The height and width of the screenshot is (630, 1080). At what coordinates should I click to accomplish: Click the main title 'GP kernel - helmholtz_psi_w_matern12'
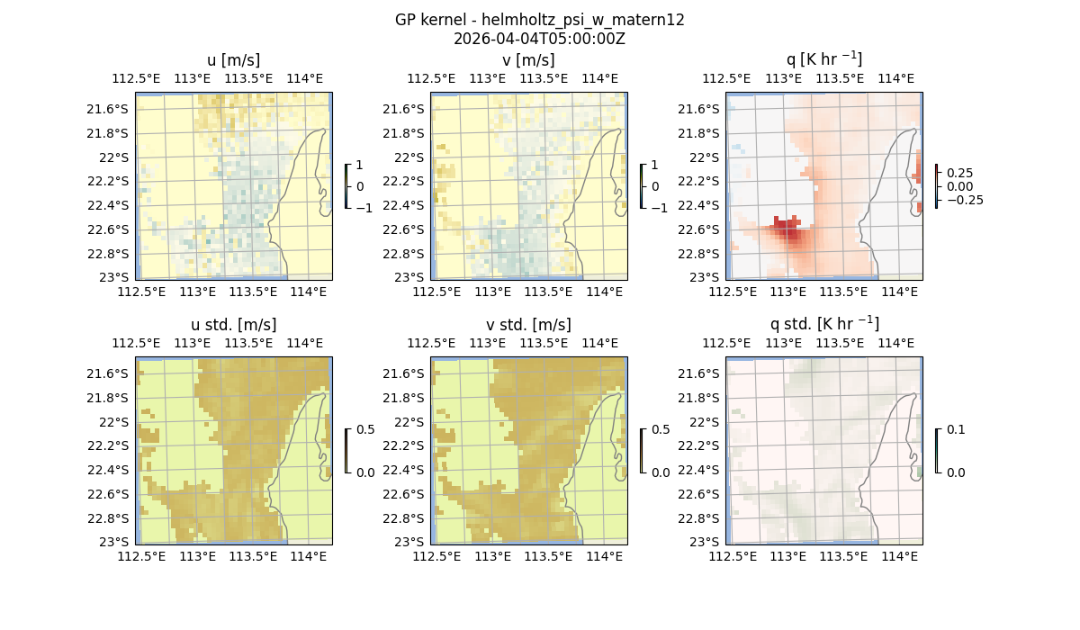[x=539, y=20]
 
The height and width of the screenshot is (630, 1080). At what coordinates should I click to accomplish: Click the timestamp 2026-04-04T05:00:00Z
[x=539, y=39]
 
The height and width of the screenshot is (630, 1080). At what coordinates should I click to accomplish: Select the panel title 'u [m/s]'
[x=233, y=60]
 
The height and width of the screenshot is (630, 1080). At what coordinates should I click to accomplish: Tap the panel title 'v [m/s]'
[x=528, y=60]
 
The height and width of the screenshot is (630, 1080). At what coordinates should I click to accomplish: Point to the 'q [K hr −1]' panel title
[x=823, y=59]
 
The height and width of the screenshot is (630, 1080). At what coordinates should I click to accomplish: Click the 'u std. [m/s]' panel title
[x=233, y=325]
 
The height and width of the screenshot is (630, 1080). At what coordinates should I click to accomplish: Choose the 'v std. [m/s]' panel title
[x=528, y=325]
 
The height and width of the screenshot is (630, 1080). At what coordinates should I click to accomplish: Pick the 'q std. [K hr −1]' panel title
[x=823, y=324]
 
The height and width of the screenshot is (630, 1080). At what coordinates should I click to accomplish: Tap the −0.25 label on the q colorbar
[x=962, y=200]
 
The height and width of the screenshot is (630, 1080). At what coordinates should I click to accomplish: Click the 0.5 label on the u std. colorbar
[x=365, y=430]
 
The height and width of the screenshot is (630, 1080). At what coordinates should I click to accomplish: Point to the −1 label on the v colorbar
[x=659, y=208]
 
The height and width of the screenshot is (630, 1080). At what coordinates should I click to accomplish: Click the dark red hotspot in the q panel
[x=789, y=233]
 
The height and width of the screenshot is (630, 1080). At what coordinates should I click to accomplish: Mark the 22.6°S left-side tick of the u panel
[x=114, y=229]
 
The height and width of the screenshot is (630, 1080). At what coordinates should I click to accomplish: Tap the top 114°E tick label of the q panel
[x=895, y=78]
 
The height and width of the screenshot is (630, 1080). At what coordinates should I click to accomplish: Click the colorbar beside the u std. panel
[x=346, y=450]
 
